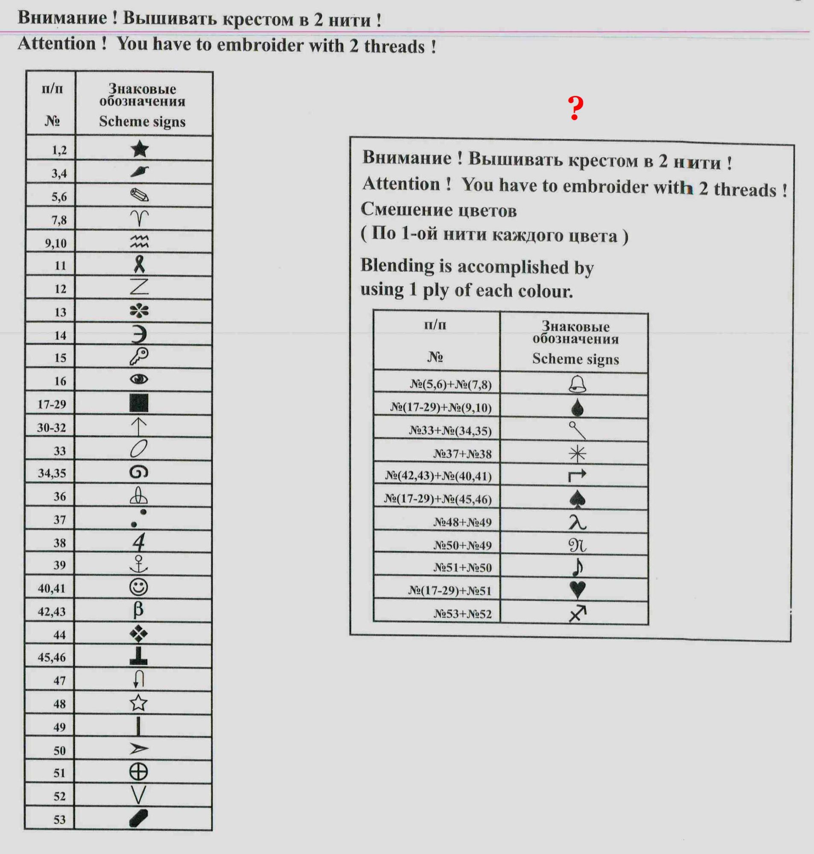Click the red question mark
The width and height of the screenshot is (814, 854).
[x=575, y=108]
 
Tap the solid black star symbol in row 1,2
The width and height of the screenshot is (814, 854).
[x=139, y=149]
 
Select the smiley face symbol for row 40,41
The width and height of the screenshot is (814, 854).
[x=138, y=587]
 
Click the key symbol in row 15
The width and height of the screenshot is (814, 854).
[x=139, y=356]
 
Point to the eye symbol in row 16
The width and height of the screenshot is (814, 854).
[x=139, y=379]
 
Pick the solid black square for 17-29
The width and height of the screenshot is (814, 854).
[x=139, y=403]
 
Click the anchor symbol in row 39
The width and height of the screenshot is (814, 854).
[x=139, y=564]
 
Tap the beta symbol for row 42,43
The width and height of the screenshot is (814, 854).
[x=138, y=610]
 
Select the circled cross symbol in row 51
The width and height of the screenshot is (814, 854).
[x=138, y=772]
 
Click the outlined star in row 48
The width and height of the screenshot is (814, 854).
[x=138, y=702]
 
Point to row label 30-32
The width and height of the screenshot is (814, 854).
[x=51, y=428]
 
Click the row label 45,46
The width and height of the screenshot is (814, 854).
[x=51, y=657]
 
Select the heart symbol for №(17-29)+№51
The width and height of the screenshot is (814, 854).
[x=577, y=589]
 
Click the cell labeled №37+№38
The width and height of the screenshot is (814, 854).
[x=462, y=454]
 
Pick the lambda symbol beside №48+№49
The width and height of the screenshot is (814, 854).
[x=577, y=522]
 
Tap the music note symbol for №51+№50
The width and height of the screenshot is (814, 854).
[x=578, y=567]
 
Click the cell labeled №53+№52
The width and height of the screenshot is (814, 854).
[x=462, y=614]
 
